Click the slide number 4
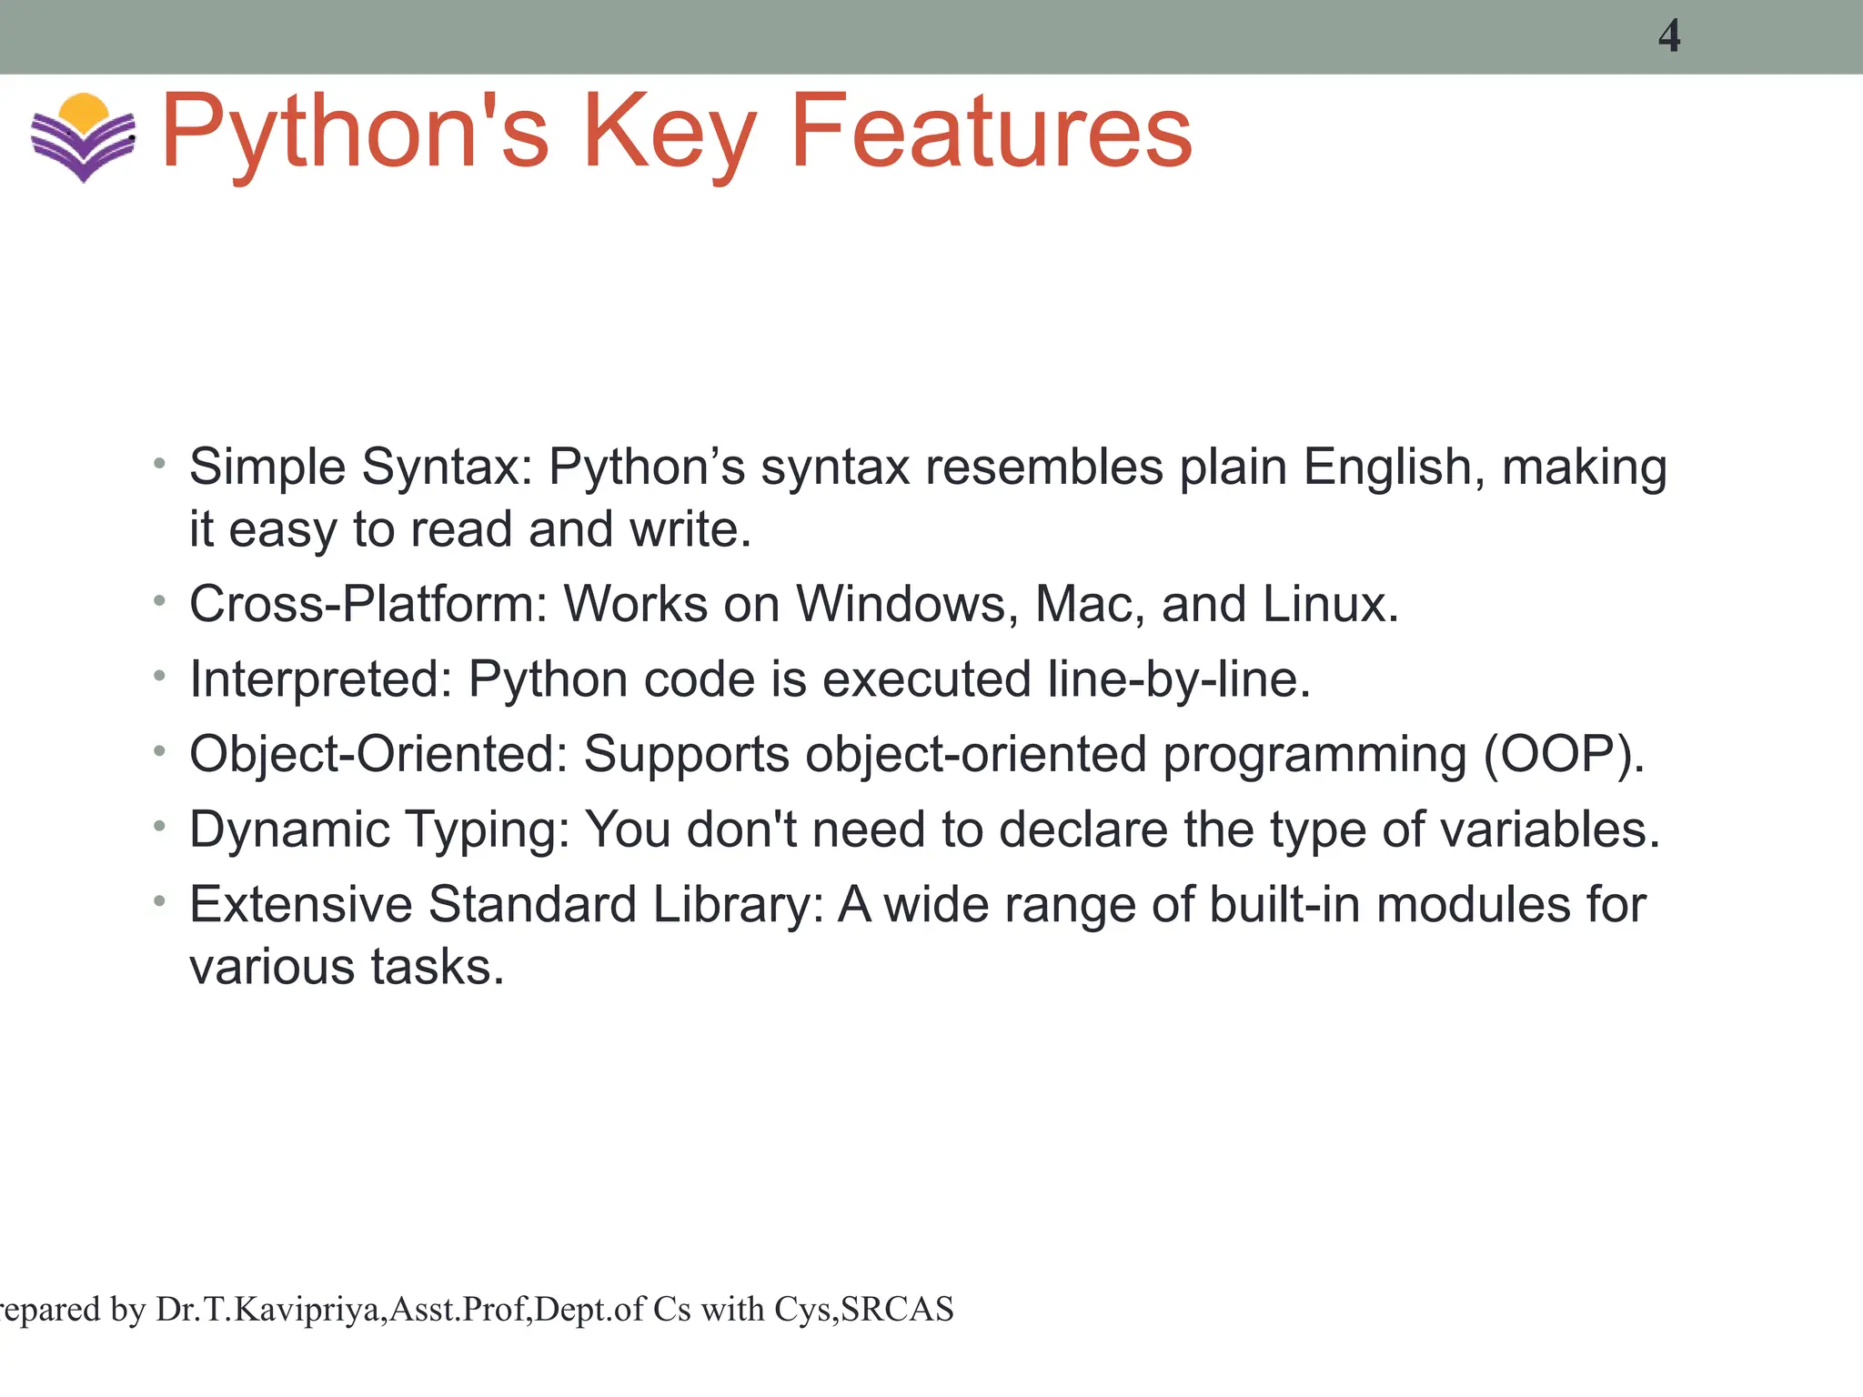[1668, 36]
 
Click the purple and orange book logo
[83, 136]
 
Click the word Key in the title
[670, 134]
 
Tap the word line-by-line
[1179, 679]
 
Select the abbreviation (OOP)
[1564, 754]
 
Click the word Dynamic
[288, 829]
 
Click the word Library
[738, 905]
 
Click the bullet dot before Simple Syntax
[160, 464]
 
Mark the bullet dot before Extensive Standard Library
[160, 901]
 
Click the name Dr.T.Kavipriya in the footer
[269, 1310]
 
